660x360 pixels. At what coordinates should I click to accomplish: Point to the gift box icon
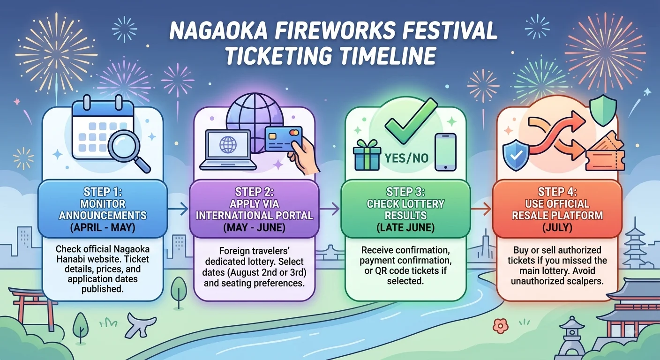(x=367, y=155)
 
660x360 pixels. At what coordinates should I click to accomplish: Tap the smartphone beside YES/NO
(x=445, y=152)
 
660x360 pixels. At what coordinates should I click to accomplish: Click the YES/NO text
(x=406, y=158)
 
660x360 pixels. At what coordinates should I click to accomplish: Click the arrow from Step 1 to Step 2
(x=178, y=209)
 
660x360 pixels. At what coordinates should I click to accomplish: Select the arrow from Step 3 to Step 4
(x=480, y=209)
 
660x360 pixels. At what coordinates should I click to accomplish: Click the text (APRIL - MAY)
(x=103, y=228)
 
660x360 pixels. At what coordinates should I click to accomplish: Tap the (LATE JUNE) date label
(x=405, y=228)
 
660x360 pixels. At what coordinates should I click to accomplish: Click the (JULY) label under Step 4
(x=557, y=228)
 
